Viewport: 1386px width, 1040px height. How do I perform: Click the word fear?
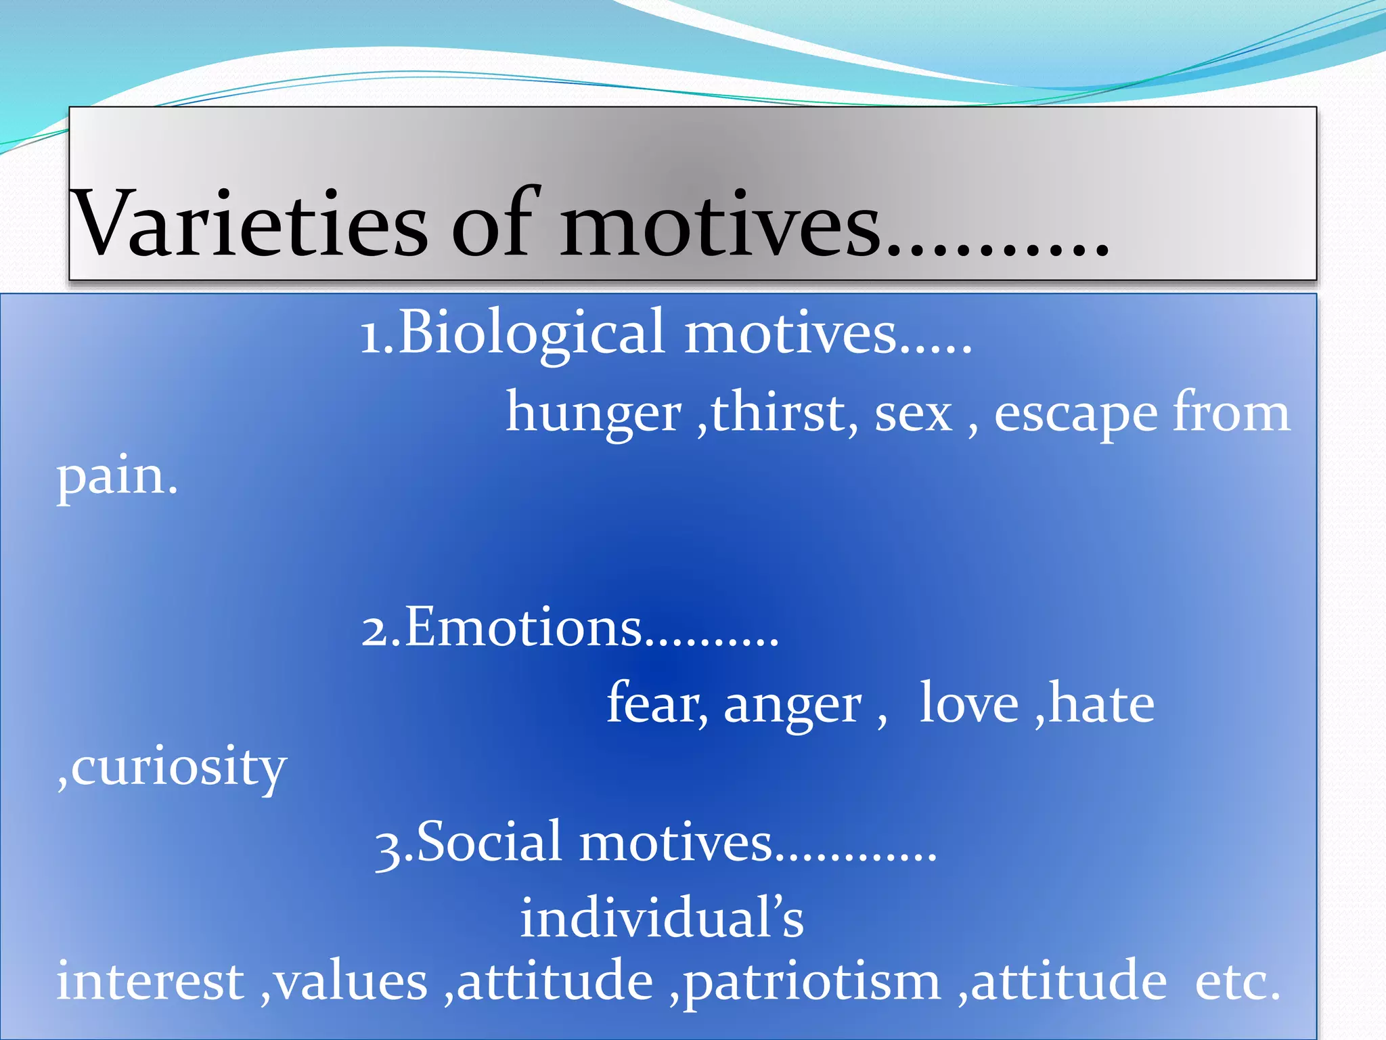[x=653, y=704]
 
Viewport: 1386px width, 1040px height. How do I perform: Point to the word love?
[x=968, y=704]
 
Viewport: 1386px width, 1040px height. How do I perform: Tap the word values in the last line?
[x=351, y=982]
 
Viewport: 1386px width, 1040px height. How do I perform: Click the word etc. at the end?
[x=1238, y=982]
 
